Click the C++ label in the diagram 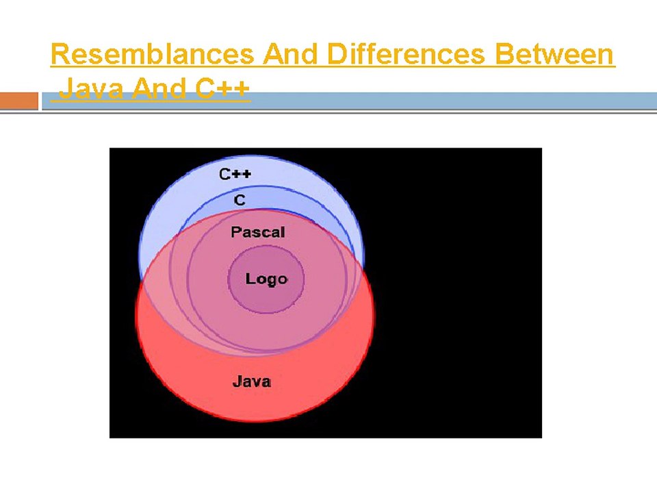[x=235, y=174]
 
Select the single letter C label [x=240, y=200]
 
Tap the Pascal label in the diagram [x=257, y=232]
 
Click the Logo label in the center [x=266, y=279]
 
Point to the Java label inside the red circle [x=251, y=381]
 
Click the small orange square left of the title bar [x=18, y=101]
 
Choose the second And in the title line [x=160, y=88]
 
